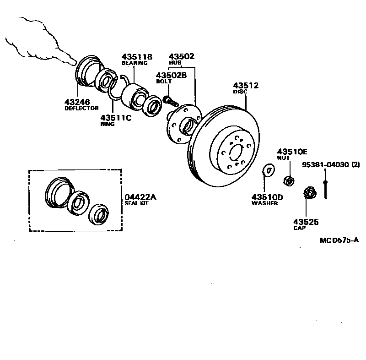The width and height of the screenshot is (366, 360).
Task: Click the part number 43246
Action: (x=77, y=102)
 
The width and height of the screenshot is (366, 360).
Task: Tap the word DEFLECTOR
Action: (x=81, y=109)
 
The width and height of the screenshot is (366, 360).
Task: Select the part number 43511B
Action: (x=137, y=57)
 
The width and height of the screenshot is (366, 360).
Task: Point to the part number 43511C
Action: (x=115, y=117)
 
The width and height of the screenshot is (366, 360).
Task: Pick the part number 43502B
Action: (x=171, y=75)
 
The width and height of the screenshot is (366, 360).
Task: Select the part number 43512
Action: (x=246, y=86)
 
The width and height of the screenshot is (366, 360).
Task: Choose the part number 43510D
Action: (x=267, y=197)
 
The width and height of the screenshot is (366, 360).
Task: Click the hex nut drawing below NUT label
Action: (x=288, y=180)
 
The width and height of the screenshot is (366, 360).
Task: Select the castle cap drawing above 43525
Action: (x=309, y=194)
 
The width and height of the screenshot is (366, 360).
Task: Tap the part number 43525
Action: (x=306, y=222)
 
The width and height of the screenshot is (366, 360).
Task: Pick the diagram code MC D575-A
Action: (x=339, y=240)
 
